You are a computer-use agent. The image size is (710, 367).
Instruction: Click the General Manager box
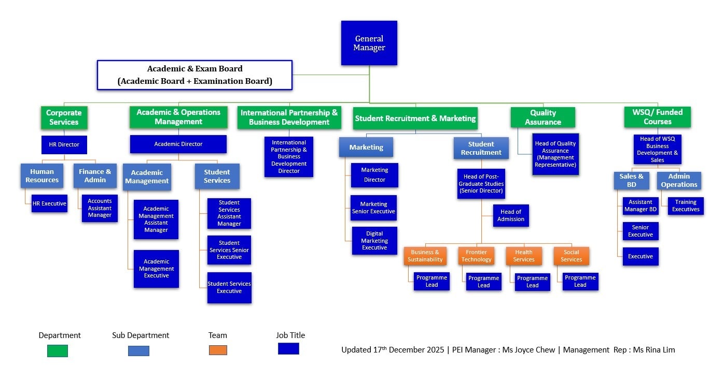coord(369,43)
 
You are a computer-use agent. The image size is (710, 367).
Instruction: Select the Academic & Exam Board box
coord(194,75)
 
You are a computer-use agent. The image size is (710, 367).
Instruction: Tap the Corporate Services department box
coord(64,118)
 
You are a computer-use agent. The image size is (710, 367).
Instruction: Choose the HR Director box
coord(64,144)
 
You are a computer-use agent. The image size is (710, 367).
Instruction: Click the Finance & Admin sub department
coord(95,176)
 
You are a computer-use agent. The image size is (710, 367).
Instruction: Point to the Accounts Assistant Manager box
coord(100,208)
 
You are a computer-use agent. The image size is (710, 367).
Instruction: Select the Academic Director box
coord(178,144)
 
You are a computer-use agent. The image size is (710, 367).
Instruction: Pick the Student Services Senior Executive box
coord(229,250)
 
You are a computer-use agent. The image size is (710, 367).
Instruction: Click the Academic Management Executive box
coord(156,269)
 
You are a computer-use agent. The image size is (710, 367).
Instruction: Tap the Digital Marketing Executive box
coord(374,241)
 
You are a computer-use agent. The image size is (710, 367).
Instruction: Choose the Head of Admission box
coord(511,215)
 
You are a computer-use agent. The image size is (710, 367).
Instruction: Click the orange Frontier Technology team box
coord(476,256)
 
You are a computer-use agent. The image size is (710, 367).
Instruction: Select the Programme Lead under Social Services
coord(580,282)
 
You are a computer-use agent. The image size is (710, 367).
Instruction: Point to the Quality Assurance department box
coord(542,118)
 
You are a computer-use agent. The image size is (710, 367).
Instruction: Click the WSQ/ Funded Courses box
coord(657,117)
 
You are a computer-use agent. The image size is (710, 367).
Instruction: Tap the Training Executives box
coord(686,206)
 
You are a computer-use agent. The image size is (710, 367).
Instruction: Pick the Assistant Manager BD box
coord(641,206)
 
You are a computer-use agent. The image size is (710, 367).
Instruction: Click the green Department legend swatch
coord(57,350)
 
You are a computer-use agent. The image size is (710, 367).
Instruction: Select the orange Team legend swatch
coord(218,350)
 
